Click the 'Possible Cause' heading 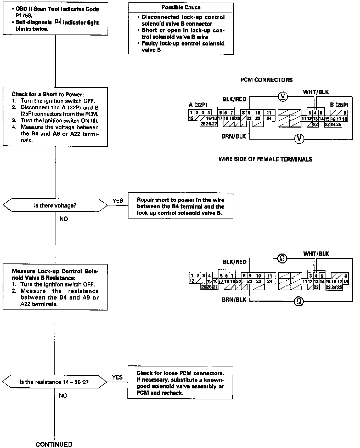181,8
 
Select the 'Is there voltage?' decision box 55,205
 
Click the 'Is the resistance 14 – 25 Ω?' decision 54,382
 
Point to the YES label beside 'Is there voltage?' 118,201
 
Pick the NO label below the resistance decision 63,396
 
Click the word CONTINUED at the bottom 54,444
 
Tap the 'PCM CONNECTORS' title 266,80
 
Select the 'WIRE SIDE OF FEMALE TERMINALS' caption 265,159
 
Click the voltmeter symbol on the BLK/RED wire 283,97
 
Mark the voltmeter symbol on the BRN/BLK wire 299,139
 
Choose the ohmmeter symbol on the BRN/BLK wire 299,301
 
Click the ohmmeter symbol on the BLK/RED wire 282,259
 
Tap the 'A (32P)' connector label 198,105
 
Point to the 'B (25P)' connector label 339,105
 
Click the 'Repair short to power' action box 181,206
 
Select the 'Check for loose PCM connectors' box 180,383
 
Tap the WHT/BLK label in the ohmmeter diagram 316,254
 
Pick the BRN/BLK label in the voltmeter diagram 234,136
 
